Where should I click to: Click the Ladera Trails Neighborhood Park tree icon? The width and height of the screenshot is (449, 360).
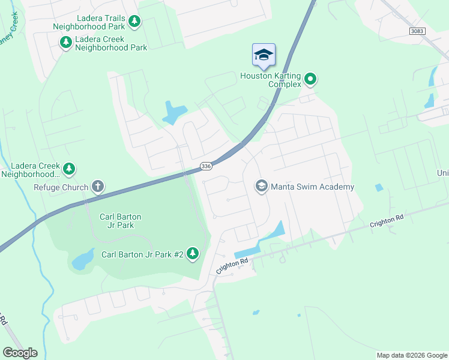point(135,22)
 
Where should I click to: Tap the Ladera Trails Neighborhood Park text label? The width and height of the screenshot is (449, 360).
point(89,22)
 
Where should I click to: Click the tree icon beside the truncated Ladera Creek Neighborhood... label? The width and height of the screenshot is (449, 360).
point(70,169)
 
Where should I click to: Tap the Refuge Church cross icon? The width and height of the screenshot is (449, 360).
point(98,187)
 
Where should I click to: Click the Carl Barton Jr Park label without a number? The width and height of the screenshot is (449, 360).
point(118,221)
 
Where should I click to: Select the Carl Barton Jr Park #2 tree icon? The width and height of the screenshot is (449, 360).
point(193,254)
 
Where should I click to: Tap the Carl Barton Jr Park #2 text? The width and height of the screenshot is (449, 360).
point(142,254)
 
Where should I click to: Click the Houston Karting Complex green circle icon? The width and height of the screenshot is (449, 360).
point(310,79)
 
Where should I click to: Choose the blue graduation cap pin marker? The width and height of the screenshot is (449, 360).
point(264,55)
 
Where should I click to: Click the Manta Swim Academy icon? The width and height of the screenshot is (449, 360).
point(261,186)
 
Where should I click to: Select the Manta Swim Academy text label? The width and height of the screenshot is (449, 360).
point(312,187)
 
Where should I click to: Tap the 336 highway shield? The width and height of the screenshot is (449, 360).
point(205,166)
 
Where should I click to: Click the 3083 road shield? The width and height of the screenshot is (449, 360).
point(418,31)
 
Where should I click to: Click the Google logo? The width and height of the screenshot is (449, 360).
point(20,353)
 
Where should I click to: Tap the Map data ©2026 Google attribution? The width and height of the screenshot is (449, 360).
point(411,355)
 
